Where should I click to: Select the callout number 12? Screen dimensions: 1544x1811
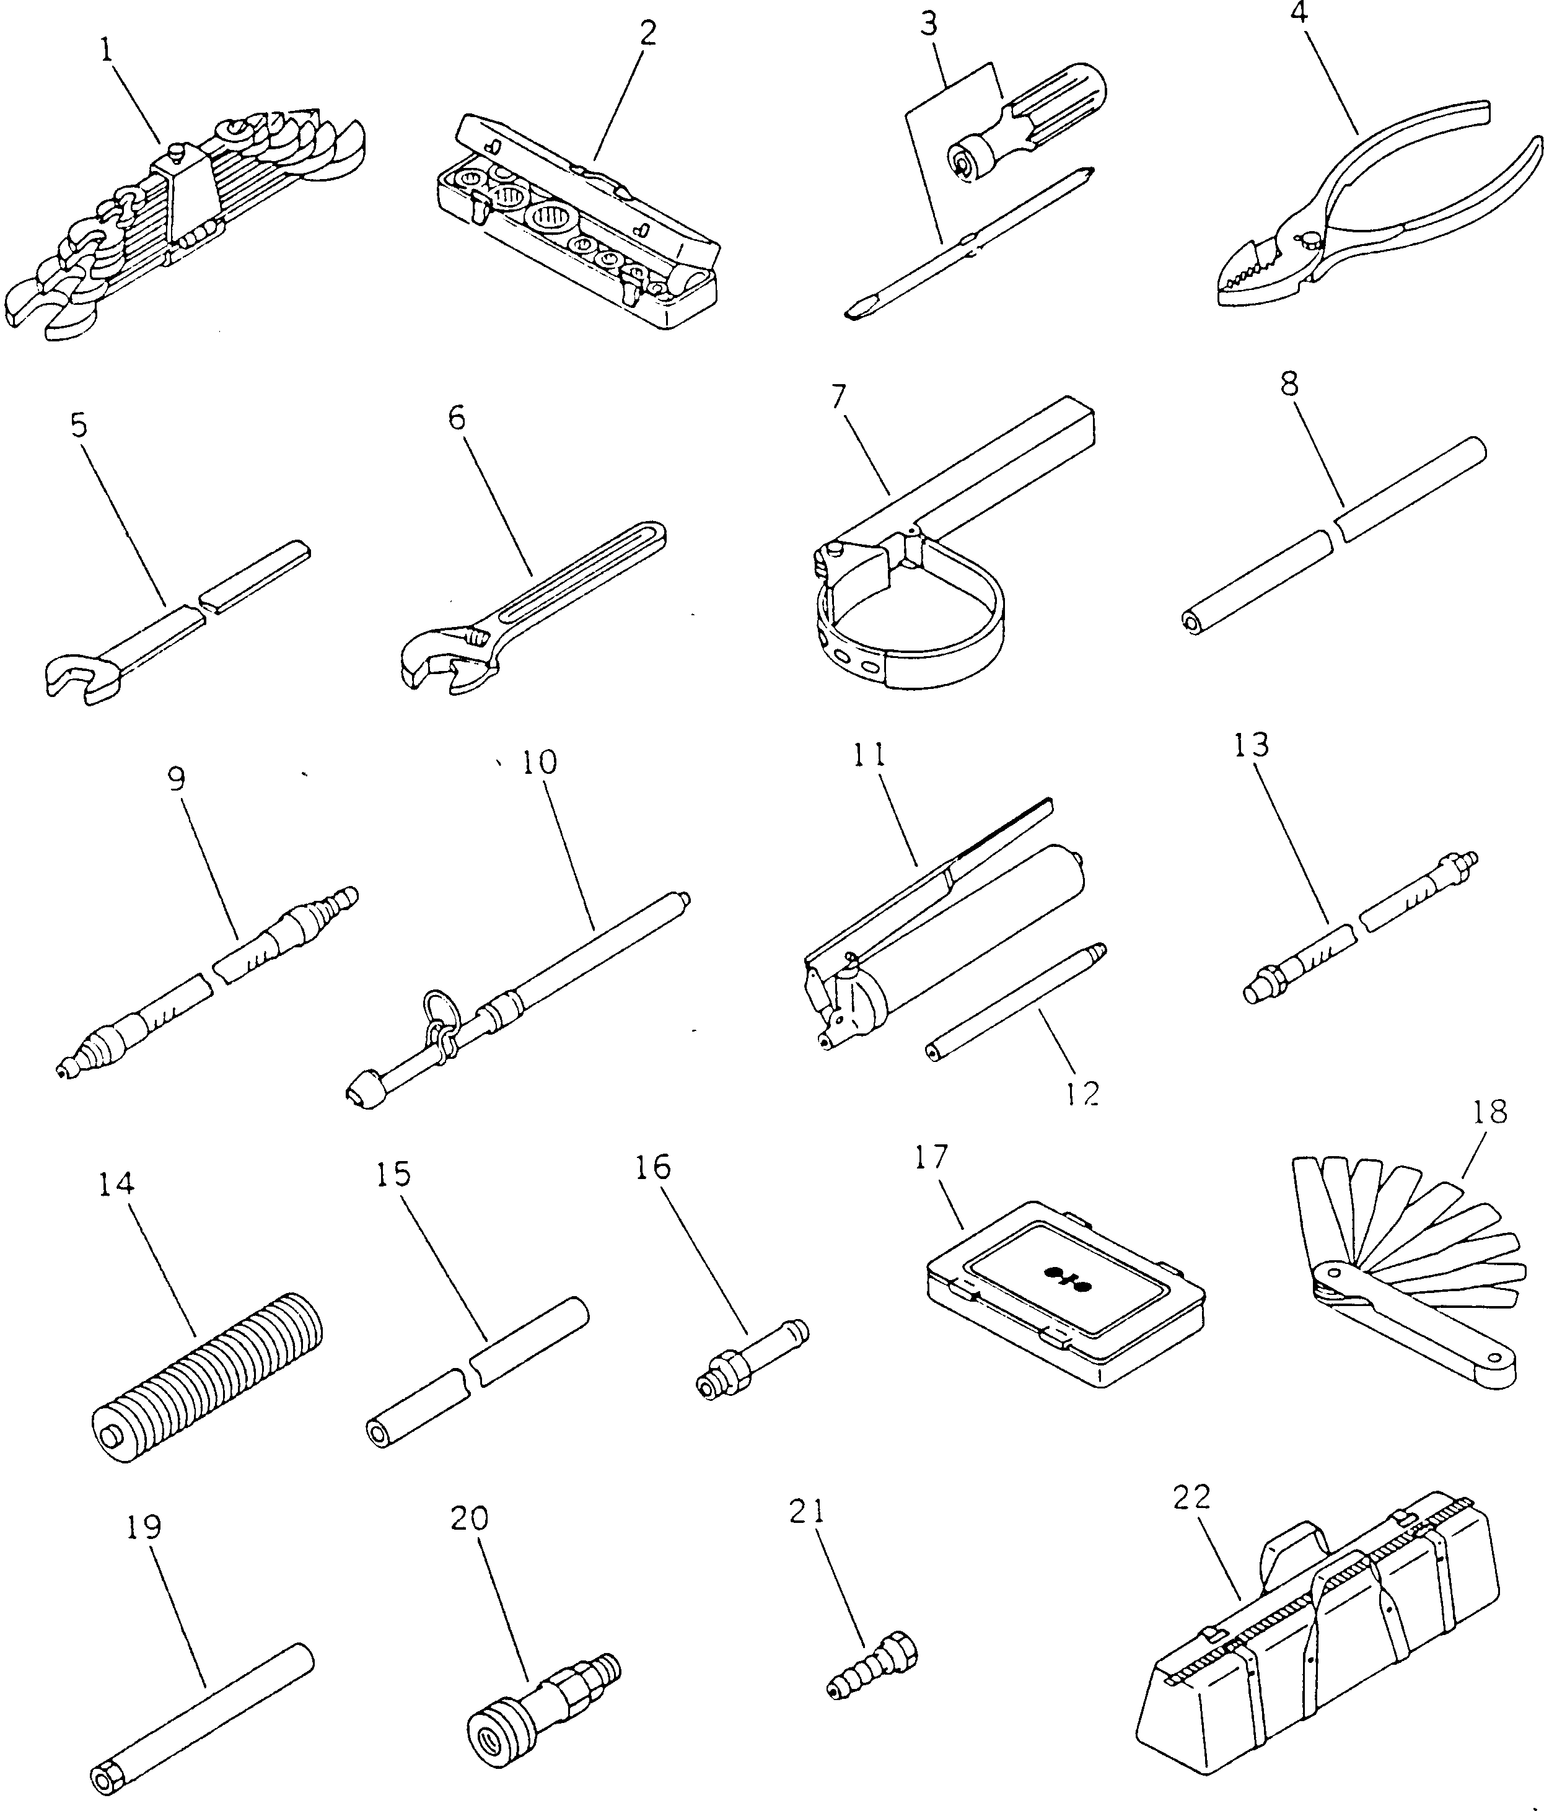[x=1082, y=1094]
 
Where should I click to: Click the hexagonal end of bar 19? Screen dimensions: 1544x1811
[x=107, y=1779]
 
